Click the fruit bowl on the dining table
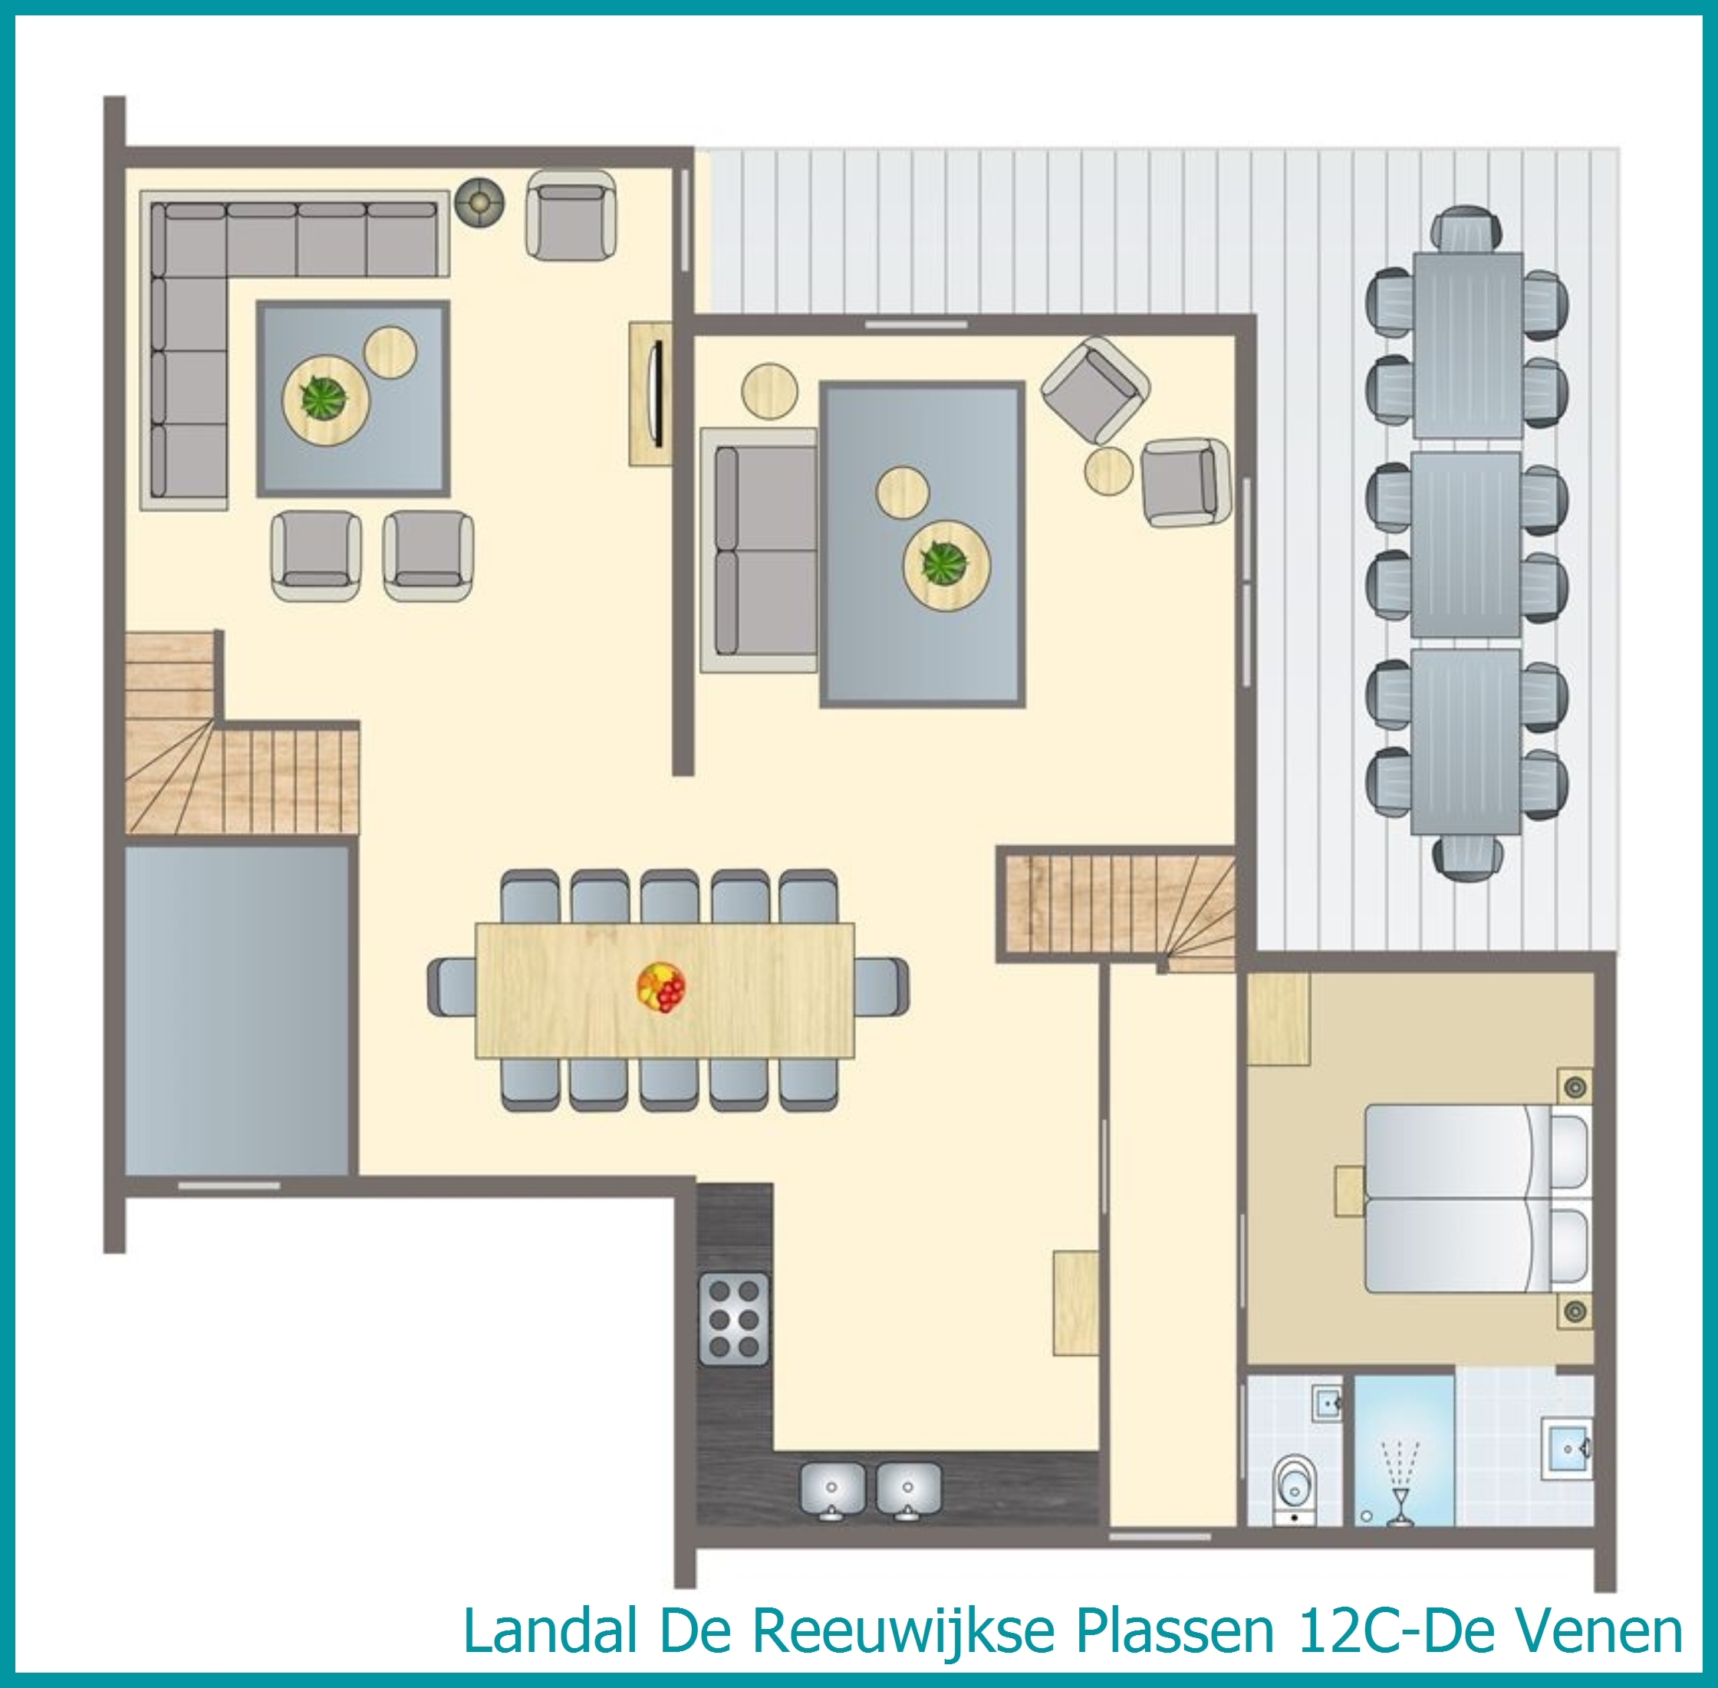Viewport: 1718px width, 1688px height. [661, 987]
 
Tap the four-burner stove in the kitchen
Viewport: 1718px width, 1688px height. [734, 1318]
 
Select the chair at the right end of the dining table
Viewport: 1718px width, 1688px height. [881, 988]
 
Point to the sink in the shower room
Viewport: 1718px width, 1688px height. [1565, 1449]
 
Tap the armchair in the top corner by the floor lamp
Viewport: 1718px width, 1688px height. [571, 216]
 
